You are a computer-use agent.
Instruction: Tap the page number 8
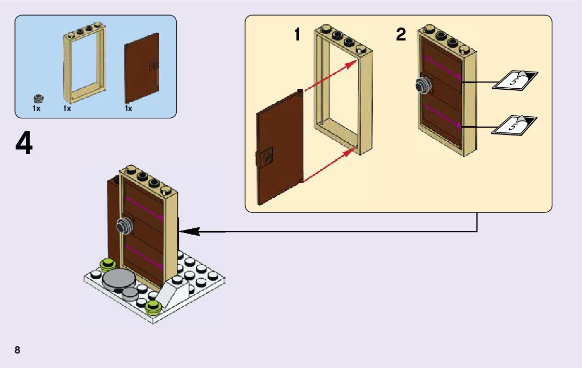coord(18,350)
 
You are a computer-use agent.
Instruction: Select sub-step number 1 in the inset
coord(297,35)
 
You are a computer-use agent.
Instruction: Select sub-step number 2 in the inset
coord(401,35)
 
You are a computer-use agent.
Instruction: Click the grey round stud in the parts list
coord(37,98)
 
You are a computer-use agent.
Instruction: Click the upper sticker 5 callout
coord(514,80)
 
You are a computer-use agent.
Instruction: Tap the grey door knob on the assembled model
coord(124,226)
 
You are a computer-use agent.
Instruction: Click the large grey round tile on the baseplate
coord(119,279)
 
